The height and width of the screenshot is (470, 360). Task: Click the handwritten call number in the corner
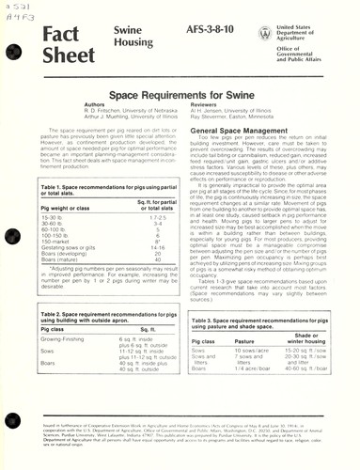pyautogui.click(x=17, y=13)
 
